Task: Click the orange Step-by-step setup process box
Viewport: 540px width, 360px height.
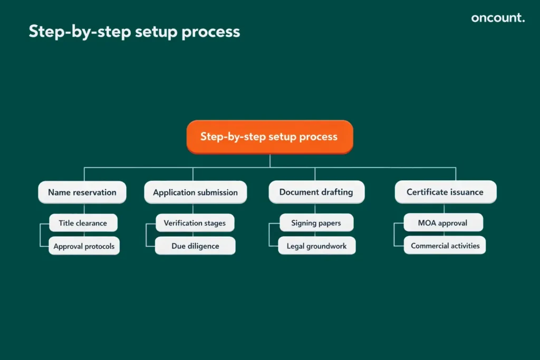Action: [x=269, y=137]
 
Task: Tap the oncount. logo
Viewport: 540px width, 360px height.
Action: [x=498, y=18]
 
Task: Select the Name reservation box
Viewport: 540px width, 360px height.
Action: [x=82, y=192]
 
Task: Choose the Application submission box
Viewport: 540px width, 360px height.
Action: [x=195, y=192]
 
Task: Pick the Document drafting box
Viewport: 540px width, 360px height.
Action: [x=316, y=192]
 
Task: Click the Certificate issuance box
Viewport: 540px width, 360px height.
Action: [x=445, y=192]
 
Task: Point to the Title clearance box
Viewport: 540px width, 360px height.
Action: [x=83, y=223]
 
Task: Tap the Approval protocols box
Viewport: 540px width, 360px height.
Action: [x=84, y=246]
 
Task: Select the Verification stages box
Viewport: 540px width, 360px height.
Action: [x=195, y=223]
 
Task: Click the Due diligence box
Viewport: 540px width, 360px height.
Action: [x=195, y=246]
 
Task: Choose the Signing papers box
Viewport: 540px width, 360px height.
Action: [x=316, y=223]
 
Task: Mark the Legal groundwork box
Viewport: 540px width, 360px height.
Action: [x=316, y=246]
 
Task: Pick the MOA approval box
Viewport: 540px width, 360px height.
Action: [x=443, y=223]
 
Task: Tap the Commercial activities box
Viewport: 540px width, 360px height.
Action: [x=445, y=246]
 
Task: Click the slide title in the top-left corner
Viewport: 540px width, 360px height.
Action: [x=134, y=32]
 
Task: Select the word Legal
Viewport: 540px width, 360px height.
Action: [x=296, y=246]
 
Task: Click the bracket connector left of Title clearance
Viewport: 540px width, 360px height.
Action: [x=40, y=235]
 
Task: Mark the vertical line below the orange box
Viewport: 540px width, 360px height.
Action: [x=269, y=161]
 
